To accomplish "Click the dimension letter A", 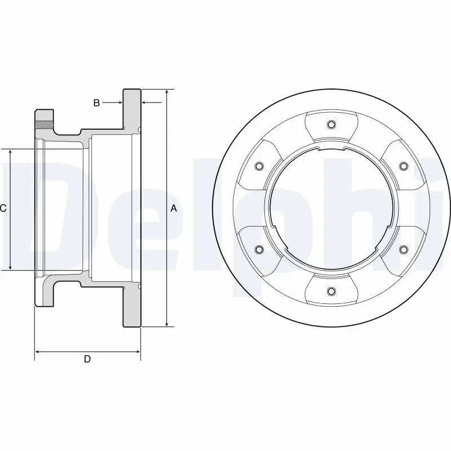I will [174, 209].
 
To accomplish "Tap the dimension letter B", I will [96, 103].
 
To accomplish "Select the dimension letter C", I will [3, 209].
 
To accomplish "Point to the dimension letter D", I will [87, 359].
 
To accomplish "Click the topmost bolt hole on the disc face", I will [331, 125].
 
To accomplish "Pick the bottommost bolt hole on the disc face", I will [331, 291].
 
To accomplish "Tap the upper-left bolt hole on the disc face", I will [259, 166].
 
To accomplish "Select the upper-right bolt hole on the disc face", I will [403, 166].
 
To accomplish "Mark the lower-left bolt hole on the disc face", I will [259, 249].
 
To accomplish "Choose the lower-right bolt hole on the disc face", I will [403, 249].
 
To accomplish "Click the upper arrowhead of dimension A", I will [167, 92].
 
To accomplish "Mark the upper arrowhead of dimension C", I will [10, 153].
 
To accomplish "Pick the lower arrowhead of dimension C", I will [10, 267].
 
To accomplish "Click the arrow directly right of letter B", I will [117, 103].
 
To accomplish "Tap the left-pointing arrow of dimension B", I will [145, 103].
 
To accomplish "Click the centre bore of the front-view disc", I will [331, 208].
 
